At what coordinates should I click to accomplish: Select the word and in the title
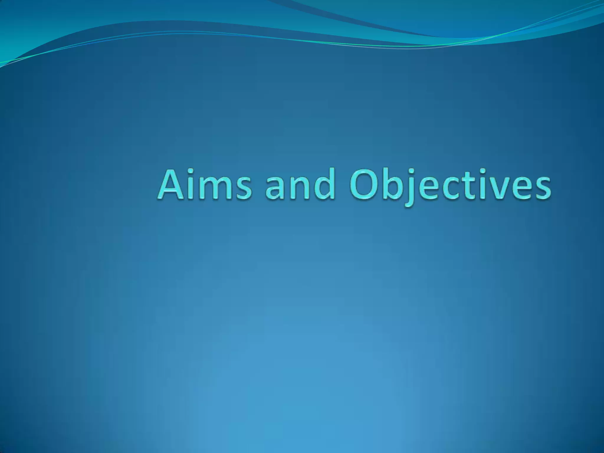point(300,185)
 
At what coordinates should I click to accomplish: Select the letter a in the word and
point(275,188)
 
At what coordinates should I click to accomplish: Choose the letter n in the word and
point(298,188)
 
